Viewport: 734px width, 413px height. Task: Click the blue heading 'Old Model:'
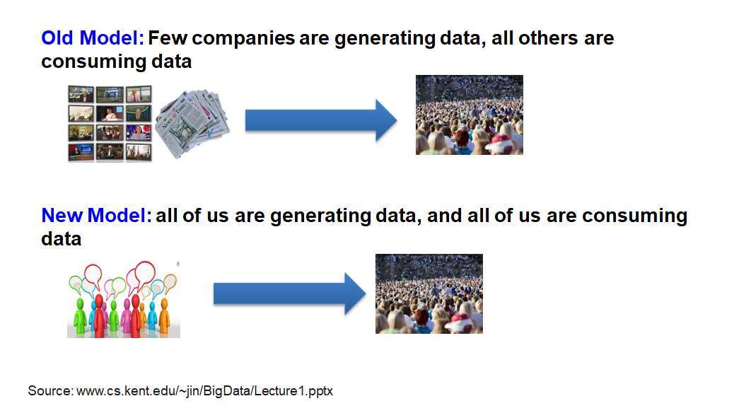(x=93, y=38)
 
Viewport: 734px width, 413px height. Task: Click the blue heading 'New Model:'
(x=96, y=216)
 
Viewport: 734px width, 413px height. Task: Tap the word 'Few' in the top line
(x=168, y=38)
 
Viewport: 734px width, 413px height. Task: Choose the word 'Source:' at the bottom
(x=50, y=391)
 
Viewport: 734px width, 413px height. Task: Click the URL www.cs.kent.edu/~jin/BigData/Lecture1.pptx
(x=204, y=391)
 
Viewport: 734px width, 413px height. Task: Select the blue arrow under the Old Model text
(x=321, y=120)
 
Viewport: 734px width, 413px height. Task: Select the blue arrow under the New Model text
(x=289, y=293)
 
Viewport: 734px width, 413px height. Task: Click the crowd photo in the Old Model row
(x=469, y=115)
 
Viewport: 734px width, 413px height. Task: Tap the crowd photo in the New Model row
(x=429, y=293)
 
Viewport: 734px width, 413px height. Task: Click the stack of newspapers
(x=192, y=123)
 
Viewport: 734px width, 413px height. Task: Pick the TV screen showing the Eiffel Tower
(x=139, y=153)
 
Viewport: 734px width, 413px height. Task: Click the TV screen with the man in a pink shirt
(x=139, y=94)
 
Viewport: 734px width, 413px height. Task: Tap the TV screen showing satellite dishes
(x=81, y=114)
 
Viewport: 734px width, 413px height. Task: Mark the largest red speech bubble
(x=145, y=274)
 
